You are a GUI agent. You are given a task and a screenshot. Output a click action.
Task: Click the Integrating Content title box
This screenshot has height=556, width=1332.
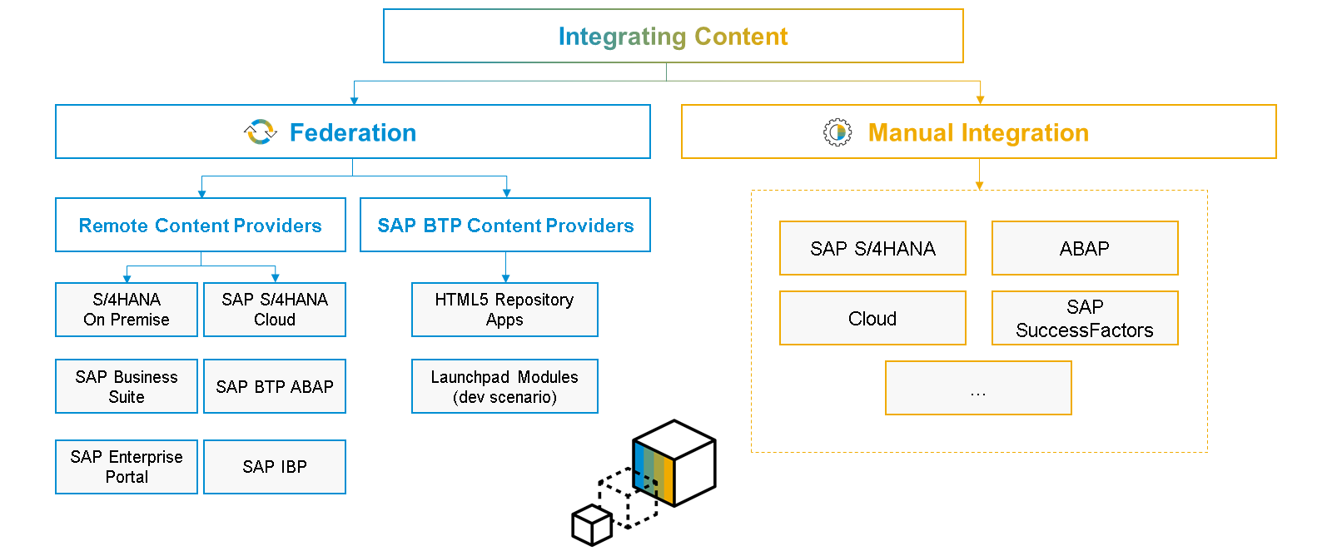point(673,36)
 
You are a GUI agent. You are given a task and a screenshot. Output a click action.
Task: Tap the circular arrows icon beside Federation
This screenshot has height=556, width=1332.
point(261,132)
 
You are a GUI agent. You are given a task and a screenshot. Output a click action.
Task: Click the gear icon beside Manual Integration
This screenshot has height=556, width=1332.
point(837,132)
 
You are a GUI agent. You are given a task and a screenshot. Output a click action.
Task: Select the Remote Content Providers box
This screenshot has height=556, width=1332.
point(200,225)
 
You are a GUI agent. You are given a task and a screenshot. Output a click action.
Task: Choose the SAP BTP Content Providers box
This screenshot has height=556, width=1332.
point(504,225)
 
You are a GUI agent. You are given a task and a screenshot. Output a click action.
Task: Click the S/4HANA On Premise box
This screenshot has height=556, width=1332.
point(127,310)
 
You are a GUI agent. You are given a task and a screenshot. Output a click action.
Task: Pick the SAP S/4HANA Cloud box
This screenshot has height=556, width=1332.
point(275,310)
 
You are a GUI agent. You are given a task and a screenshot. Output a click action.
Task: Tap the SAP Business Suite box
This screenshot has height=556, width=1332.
point(127,386)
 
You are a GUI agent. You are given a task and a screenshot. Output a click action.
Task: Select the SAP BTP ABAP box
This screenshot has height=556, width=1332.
point(275,386)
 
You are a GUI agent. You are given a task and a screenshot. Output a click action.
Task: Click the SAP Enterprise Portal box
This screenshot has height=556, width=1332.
point(127,467)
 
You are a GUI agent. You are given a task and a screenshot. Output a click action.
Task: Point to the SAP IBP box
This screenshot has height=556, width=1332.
point(275,467)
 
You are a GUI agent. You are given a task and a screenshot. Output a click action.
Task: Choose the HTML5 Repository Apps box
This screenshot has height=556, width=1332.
point(504,310)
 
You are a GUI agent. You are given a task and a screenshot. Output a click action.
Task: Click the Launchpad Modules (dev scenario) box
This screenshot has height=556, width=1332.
point(504,386)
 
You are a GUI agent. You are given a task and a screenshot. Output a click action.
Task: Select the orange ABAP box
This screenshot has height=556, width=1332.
point(1085,248)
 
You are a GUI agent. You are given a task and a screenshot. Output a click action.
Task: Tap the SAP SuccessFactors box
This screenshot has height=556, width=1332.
point(1085,318)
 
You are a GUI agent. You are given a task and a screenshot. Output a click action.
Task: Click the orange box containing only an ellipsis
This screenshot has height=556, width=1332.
point(978,388)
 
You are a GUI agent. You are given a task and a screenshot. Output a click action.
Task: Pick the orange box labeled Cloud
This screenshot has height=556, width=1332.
point(872,318)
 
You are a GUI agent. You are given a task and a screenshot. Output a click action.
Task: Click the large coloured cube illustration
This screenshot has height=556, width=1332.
point(674,463)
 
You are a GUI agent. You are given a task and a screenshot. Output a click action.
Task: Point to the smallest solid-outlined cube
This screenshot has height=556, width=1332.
point(592,525)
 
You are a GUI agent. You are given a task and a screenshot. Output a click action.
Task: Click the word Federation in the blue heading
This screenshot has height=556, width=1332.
point(353,132)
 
